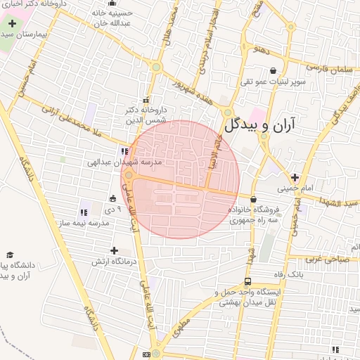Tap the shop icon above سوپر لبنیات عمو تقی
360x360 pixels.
[x=273, y=70]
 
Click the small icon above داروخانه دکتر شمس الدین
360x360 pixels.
[x=146, y=99]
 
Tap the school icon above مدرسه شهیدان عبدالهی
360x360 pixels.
[x=124, y=150]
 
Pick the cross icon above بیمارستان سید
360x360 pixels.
[x=12, y=23]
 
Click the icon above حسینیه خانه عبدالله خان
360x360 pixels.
[x=94, y=12]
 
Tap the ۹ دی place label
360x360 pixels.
[x=114, y=209]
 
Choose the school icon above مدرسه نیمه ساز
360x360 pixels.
[x=84, y=211]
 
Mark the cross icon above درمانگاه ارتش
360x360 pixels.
[x=114, y=250]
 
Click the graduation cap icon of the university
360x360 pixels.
[x=10, y=255]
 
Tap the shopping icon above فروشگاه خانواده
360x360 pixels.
[x=253, y=199]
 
